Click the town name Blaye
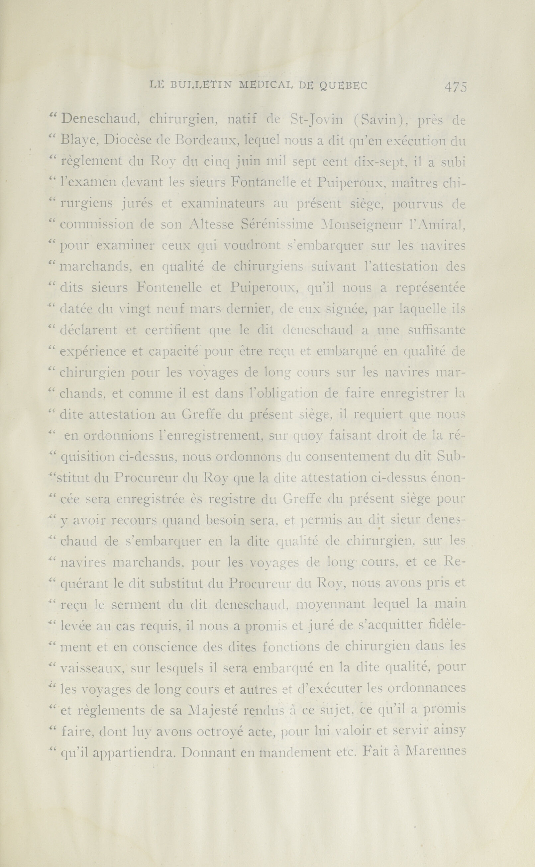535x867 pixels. (82, 141)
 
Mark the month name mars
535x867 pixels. (208, 309)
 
